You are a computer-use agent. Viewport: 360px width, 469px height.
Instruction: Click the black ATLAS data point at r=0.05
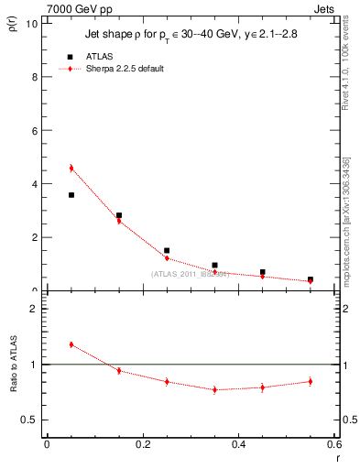pyautogui.click(x=71, y=195)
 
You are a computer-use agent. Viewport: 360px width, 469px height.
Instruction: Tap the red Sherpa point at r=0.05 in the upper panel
pyautogui.click(x=71, y=168)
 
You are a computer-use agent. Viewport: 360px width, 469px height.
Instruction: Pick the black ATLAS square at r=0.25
pyautogui.click(x=167, y=250)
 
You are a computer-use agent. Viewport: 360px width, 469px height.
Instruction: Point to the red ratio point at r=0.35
pyautogui.click(x=214, y=389)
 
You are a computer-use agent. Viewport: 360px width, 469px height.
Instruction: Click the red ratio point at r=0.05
pyautogui.click(x=71, y=344)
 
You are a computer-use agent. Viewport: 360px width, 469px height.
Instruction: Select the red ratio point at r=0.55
pyautogui.click(x=311, y=381)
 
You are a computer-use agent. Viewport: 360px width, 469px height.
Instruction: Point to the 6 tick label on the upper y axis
pyautogui.click(x=34, y=130)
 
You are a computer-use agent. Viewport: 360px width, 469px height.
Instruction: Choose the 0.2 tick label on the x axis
pyautogui.click(x=142, y=444)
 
